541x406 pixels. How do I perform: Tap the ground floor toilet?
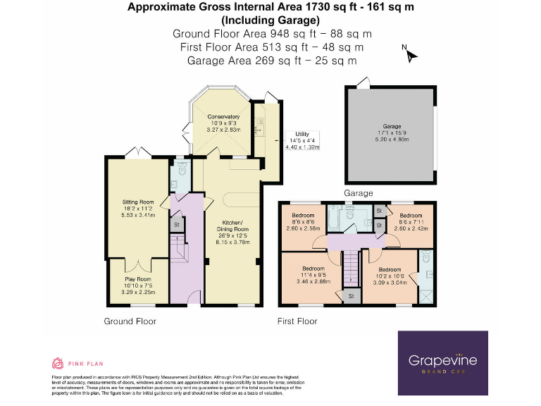point(181,168)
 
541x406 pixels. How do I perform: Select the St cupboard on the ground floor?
point(175,225)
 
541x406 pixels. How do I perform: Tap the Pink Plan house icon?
point(58,364)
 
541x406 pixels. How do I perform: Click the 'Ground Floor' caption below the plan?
point(130,321)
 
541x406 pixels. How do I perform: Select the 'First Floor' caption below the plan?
point(297,321)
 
